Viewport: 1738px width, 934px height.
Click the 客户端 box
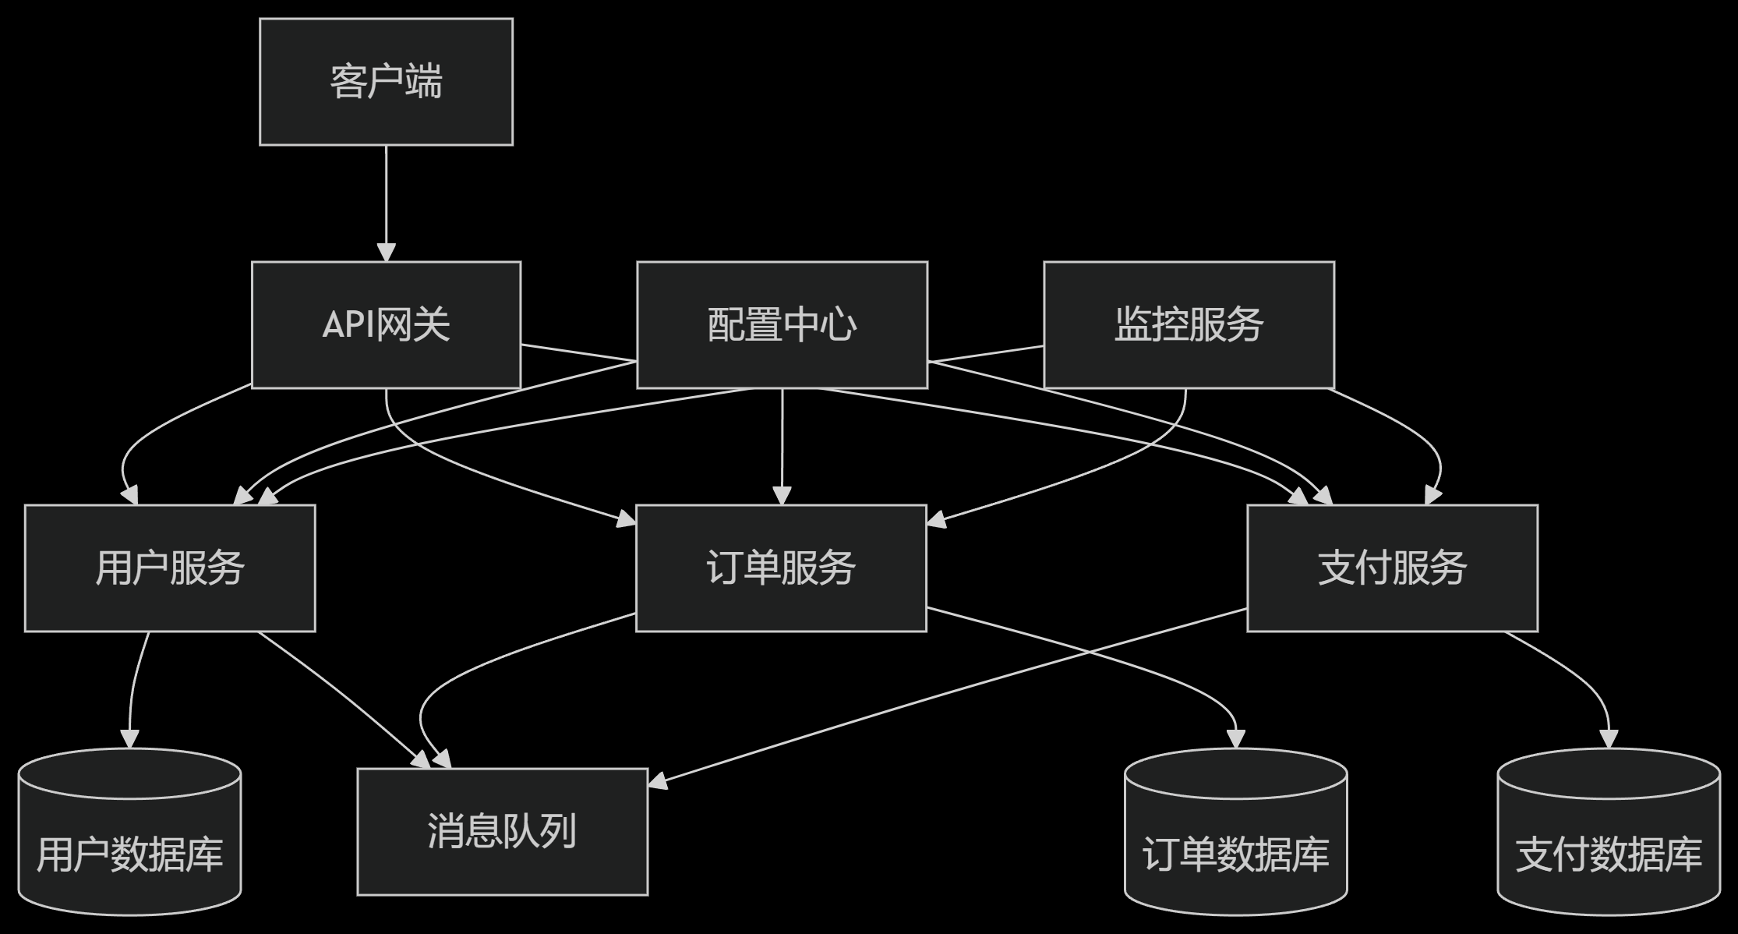[386, 82]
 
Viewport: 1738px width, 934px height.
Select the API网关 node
[386, 324]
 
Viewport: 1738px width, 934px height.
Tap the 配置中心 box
[782, 324]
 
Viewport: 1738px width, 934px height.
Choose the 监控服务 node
[1189, 324]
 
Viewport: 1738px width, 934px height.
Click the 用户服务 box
[170, 568]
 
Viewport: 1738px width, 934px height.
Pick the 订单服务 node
[781, 568]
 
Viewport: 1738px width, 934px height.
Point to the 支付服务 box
[1392, 568]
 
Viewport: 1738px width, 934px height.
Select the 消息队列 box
[502, 831]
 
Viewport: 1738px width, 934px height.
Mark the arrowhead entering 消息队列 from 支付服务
[659, 781]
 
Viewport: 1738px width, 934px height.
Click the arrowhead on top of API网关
[386, 252]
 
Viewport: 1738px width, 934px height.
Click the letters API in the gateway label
[348, 324]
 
